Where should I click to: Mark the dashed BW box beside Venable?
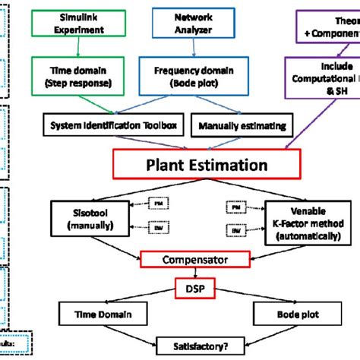pos(237,229)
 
